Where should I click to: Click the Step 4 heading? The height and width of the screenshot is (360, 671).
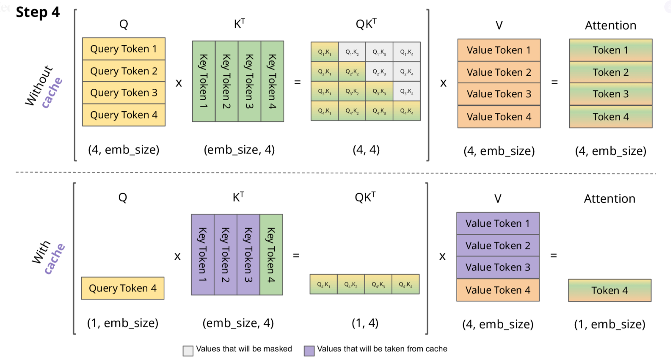click(x=37, y=12)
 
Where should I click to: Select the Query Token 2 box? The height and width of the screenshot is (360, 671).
click(x=124, y=71)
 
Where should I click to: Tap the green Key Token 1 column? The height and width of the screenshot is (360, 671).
click(x=204, y=81)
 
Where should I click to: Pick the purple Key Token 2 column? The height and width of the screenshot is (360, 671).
click(x=225, y=255)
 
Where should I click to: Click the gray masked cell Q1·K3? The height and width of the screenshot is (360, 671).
click(x=379, y=52)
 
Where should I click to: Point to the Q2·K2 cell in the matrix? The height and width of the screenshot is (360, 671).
click(x=352, y=72)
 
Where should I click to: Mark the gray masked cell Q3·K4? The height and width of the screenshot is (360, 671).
click(x=407, y=91)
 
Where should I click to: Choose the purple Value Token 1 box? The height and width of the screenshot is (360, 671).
click(x=498, y=223)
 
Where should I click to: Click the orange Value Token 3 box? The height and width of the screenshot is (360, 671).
click(x=499, y=94)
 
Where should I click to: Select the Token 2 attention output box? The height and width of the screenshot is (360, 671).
click(x=611, y=72)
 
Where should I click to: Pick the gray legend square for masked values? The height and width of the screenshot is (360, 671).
click(x=188, y=351)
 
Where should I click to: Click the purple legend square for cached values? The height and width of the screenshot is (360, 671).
click(x=309, y=351)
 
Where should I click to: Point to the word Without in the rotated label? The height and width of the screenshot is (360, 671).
click(x=39, y=85)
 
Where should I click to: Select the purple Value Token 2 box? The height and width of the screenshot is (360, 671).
click(x=498, y=245)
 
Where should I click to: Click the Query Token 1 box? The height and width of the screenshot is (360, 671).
click(x=124, y=49)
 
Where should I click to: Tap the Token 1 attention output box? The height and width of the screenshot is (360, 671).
click(x=611, y=50)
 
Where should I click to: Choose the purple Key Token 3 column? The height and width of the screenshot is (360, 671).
click(x=248, y=255)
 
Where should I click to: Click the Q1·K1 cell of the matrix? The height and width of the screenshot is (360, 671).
click(x=325, y=52)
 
